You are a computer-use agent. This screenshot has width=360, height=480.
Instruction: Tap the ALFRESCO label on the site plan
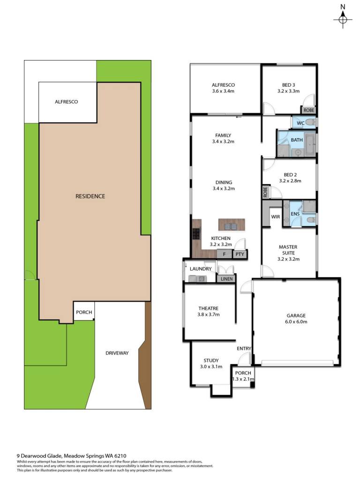(67, 102)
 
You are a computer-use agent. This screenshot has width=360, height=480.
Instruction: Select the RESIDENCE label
(90, 196)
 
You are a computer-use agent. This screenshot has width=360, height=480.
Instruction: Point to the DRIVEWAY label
(117, 353)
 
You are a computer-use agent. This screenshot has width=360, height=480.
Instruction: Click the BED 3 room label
(289, 85)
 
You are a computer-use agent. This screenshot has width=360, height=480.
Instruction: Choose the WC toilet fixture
(311, 123)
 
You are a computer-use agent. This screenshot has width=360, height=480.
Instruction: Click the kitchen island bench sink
(232, 226)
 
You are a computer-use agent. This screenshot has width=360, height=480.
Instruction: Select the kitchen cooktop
(196, 234)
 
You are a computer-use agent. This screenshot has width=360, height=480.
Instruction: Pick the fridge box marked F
(225, 254)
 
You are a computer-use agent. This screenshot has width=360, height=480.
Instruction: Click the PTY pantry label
(240, 254)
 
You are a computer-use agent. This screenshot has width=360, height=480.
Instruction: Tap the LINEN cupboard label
(226, 279)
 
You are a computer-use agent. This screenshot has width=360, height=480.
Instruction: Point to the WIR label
(276, 217)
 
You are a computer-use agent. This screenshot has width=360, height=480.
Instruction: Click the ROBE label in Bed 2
(265, 192)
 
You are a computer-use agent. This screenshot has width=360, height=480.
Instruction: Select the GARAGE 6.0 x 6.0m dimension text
(296, 322)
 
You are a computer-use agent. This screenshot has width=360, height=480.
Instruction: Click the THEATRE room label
(209, 308)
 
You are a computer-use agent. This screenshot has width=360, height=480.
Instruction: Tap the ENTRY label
(244, 349)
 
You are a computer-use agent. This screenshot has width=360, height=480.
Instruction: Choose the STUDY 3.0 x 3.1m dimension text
(211, 367)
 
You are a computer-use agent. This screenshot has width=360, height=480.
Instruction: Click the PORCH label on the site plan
(84, 312)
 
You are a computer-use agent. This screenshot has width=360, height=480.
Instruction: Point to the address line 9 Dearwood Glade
(71, 456)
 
